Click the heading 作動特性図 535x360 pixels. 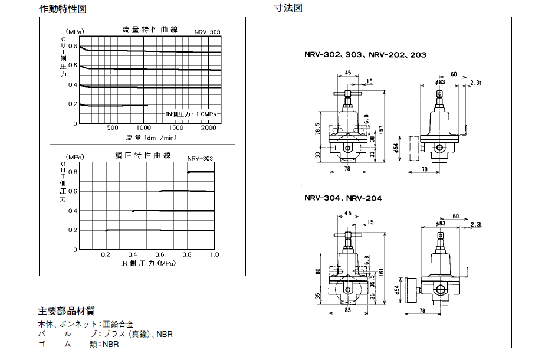63,9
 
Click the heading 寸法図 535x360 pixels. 288,9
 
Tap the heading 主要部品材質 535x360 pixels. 66,311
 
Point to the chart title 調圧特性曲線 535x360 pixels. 143,156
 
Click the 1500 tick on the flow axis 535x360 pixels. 176,127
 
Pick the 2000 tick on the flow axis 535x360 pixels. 209,127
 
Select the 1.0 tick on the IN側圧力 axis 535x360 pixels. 214,254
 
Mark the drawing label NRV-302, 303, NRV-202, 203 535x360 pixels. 365,55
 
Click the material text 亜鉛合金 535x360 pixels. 118,324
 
